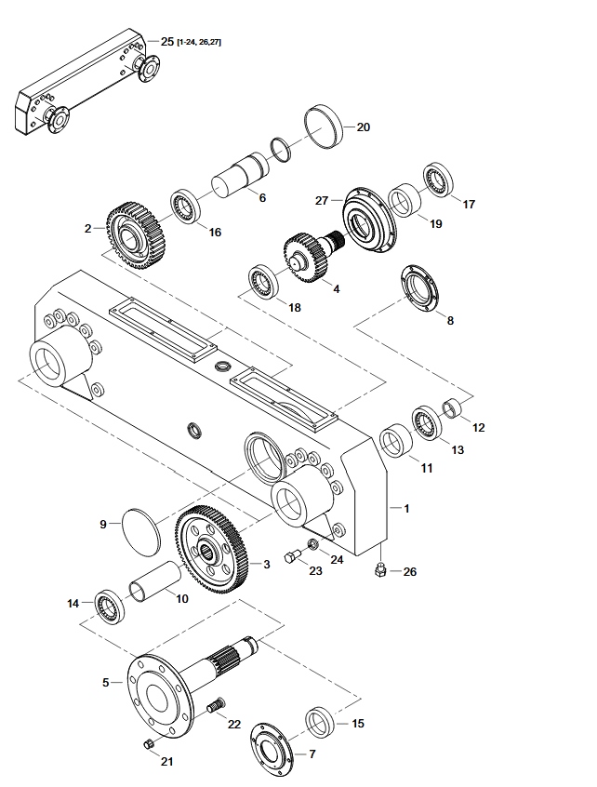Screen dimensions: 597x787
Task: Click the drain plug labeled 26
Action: click(380, 569)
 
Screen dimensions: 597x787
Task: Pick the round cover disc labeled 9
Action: click(141, 532)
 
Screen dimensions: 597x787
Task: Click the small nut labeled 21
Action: click(149, 744)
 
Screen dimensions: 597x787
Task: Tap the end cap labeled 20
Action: click(324, 127)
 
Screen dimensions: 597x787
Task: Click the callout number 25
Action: click(167, 41)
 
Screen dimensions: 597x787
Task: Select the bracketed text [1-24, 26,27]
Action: click(199, 42)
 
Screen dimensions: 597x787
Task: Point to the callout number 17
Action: click(469, 205)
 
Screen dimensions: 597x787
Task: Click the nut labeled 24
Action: click(312, 543)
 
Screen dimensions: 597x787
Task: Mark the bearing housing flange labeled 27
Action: click(369, 221)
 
